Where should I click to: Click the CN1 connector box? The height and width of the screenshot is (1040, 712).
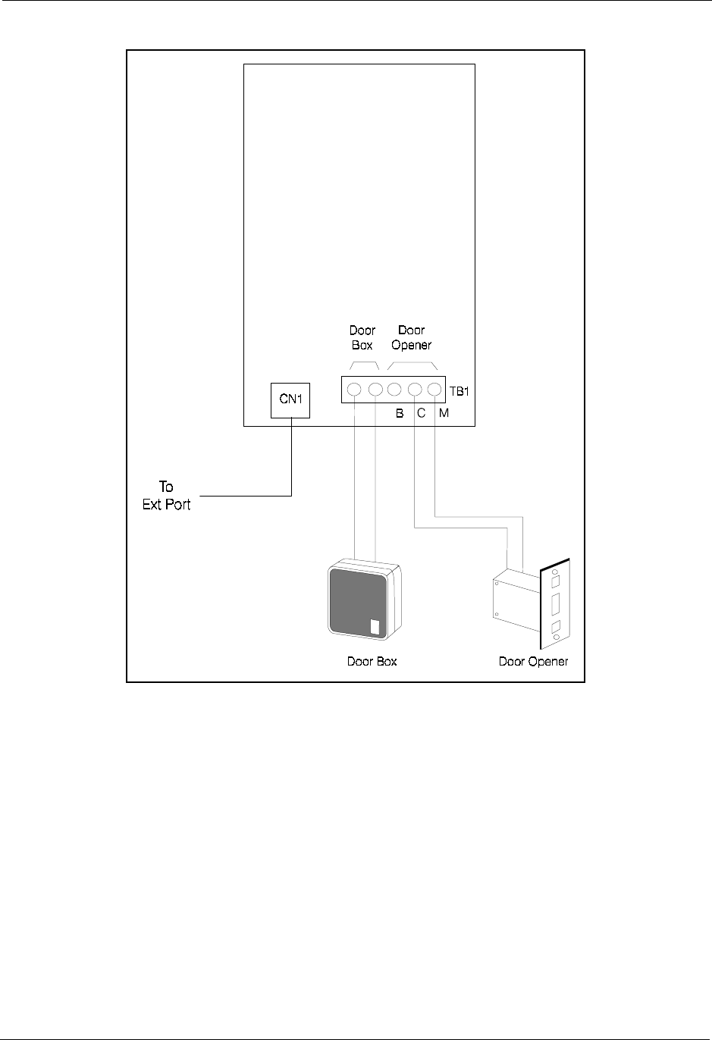click(x=291, y=399)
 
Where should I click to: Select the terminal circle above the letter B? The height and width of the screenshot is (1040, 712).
click(x=394, y=390)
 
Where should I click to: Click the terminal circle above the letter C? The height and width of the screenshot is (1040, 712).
click(x=415, y=390)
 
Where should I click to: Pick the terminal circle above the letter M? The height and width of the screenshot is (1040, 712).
click(x=434, y=390)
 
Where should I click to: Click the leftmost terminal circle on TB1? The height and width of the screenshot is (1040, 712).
click(x=354, y=390)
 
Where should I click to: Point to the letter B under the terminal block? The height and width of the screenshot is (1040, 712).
click(x=399, y=414)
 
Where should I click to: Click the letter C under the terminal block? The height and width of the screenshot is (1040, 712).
click(x=420, y=414)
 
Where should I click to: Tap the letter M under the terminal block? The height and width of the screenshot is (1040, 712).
click(x=444, y=414)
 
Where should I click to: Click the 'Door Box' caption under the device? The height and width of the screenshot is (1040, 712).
click(x=372, y=662)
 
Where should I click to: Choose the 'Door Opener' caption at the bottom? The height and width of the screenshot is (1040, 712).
click(x=533, y=662)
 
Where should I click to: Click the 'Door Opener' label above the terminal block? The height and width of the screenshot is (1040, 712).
click(x=412, y=337)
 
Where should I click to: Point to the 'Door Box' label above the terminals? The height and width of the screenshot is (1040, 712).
click(x=362, y=337)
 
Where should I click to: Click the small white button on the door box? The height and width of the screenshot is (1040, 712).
click(x=375, y=627)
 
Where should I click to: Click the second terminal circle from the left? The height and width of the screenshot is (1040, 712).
click(x=375, y=390)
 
